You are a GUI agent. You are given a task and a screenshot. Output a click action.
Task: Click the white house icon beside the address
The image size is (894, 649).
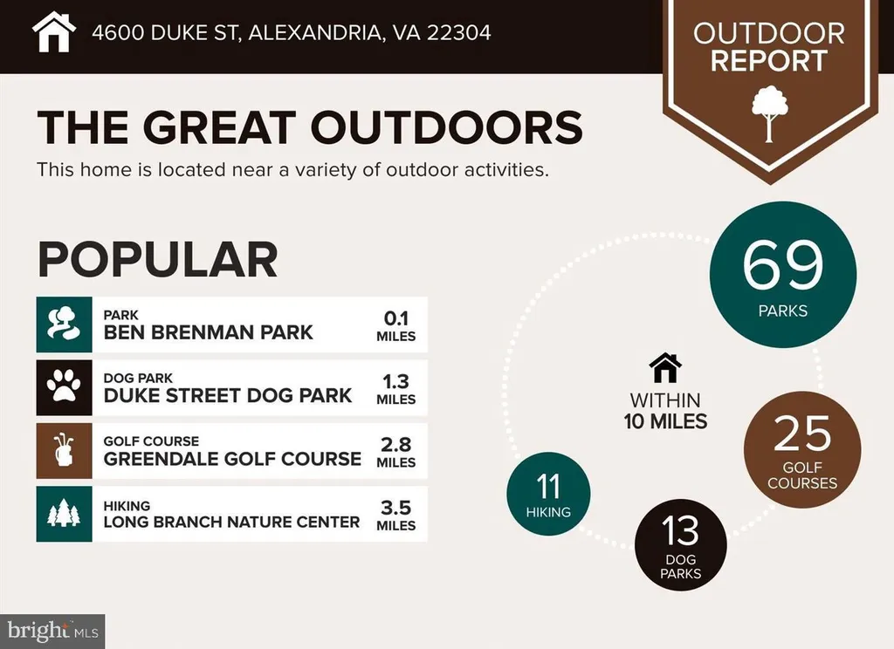pos(53,32)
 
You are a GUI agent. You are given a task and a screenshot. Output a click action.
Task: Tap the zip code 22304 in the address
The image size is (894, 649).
pos(458,32)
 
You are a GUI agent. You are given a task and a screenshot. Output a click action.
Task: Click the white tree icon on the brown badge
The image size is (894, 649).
pos(769,113)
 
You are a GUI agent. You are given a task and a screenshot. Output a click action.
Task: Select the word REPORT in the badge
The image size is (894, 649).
pos(768,61)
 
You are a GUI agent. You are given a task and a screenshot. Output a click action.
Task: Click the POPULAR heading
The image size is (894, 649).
pos(157,259)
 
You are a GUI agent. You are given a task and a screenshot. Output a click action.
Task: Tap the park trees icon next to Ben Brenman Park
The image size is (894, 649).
pos(64,324)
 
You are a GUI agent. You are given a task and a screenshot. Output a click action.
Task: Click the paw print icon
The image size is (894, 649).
pos(64,387)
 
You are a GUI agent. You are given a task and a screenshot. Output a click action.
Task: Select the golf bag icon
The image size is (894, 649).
pos(64,450)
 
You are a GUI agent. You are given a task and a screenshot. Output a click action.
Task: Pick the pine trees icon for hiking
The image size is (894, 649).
pos(64,513)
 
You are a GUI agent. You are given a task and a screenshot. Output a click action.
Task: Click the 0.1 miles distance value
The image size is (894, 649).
pos(395,318)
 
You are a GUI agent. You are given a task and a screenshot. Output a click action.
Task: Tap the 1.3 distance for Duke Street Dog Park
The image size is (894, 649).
pos(395,381)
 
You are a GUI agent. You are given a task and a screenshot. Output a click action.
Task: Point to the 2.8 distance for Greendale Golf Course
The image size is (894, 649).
pos(395,444)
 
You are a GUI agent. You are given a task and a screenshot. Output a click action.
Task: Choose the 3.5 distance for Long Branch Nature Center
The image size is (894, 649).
pos(395,507)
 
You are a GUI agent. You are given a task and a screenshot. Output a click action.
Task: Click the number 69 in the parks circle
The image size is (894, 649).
pos(783,265)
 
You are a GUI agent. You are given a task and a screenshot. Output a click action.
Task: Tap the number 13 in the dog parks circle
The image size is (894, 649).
pos(680,530)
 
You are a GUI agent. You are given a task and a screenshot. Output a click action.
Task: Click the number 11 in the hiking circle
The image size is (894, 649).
pos(548,487)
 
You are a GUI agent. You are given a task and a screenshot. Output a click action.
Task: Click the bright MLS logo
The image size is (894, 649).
pos(52,631)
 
